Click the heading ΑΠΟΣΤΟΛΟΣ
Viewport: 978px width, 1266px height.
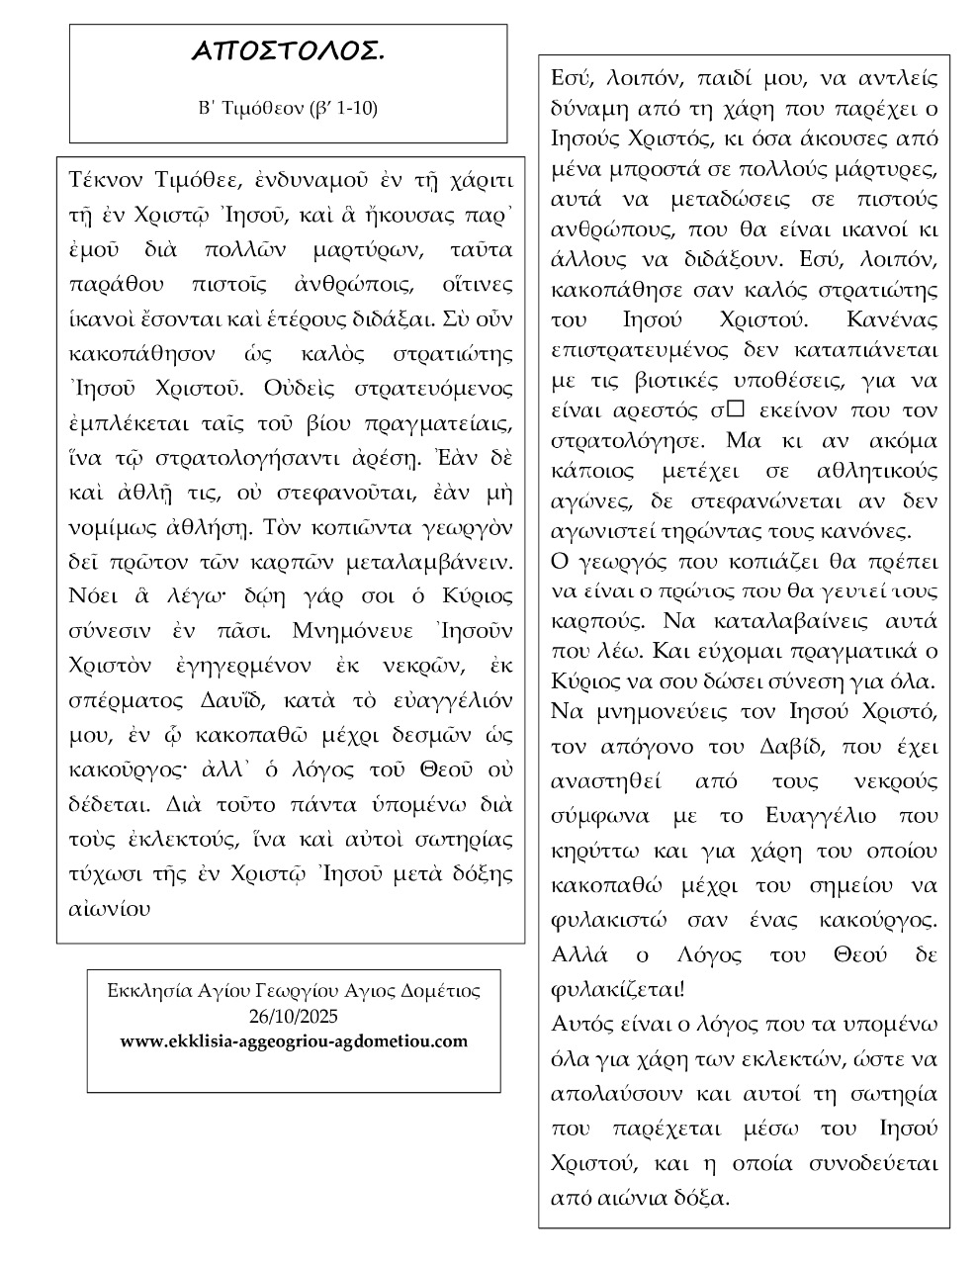click(288, 52)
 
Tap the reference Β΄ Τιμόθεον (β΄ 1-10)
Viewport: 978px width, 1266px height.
click(288, 108)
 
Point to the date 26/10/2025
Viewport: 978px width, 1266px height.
click(293, 1016)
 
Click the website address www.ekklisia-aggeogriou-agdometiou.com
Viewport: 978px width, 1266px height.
click(294, 1041)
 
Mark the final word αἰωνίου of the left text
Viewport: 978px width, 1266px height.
click(110, 907)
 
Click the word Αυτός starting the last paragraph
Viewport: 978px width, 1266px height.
click(580, 1024)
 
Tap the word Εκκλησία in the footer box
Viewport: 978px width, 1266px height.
click(145, 990)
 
